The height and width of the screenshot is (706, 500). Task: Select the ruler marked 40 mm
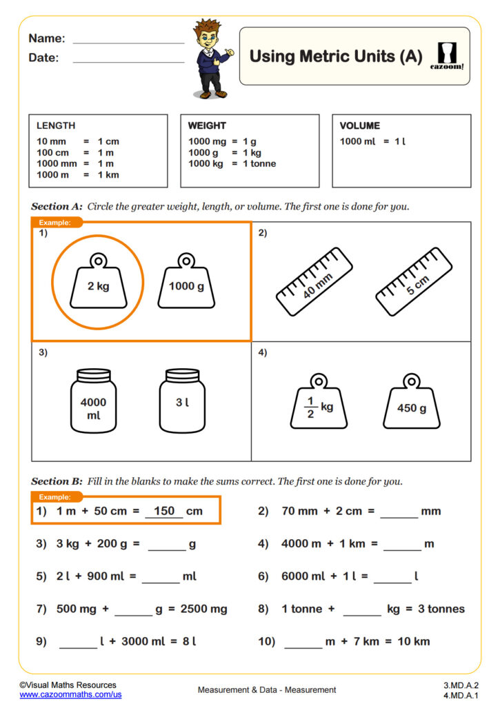coord(314,278)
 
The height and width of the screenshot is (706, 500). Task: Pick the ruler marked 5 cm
coord(414,278)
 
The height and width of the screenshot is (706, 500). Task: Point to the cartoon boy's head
coord(206,34)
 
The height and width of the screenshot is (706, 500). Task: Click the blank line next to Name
coord(128,40)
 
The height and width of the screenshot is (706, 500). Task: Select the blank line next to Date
coord(128,59)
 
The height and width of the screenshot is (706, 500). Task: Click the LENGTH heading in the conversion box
coord(56,125)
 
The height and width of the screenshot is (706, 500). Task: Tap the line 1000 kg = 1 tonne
coord(232,163)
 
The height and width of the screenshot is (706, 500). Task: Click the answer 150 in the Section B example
coord(164,511)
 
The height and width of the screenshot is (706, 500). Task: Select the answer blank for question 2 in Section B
coord(399,513)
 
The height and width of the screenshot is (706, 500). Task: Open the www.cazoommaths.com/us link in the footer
coord(70,695)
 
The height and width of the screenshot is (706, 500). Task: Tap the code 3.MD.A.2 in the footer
coord(461,685)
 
